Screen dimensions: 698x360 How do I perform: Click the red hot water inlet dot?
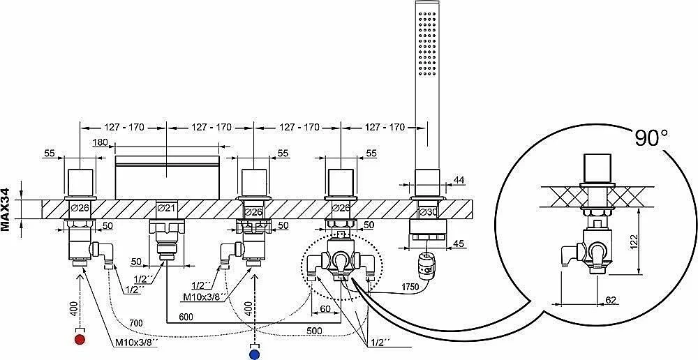(80, 340)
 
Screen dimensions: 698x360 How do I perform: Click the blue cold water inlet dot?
(255, 354)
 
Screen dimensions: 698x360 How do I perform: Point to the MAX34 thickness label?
(6, 209)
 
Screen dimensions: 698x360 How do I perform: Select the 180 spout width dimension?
(101, 143)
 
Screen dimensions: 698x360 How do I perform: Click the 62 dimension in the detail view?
(611, 301)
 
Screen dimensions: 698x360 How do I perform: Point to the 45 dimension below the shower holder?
(459, 243)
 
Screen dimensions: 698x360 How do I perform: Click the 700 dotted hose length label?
(136, 322)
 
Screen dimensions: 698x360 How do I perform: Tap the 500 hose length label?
(314, 331)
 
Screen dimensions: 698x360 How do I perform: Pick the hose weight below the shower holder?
(427, 264)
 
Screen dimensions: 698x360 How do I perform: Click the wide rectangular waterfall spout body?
(168, 177)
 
